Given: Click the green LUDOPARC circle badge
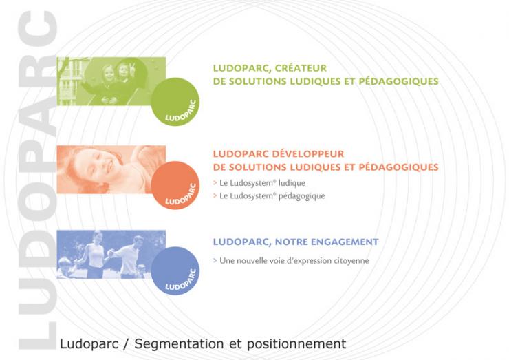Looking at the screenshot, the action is [175, 101].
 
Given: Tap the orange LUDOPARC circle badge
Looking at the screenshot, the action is [175, 185].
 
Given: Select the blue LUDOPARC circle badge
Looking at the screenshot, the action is [175, 271].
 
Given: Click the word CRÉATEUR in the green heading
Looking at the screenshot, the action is [301, 68].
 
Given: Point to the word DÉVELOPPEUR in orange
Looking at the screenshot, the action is [307, 153].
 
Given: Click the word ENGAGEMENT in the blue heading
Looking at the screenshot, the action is [345, 242].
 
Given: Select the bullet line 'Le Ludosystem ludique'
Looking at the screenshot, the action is [259, 183].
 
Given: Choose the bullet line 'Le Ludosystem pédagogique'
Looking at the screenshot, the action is [269, 196].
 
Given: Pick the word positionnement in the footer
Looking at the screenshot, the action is [296, 343].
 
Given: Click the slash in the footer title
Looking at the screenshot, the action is [127, 343].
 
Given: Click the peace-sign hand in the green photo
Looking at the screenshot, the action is [133, 67].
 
